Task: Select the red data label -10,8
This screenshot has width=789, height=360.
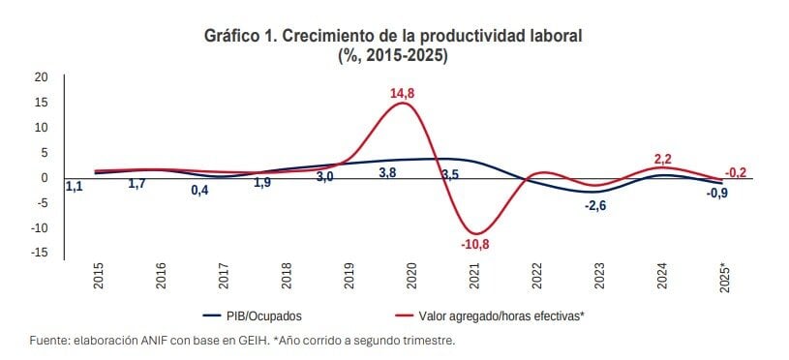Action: point(475,245)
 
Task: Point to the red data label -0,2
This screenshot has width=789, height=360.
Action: point(735,173)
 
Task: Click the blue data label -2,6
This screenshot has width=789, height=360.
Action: point(595,205)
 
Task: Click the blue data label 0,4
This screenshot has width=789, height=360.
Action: point(200,191)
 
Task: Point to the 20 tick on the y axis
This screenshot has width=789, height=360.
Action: point(41,77)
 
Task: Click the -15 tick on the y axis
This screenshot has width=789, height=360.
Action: point(39,254)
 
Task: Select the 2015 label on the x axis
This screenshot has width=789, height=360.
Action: point(98,275)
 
